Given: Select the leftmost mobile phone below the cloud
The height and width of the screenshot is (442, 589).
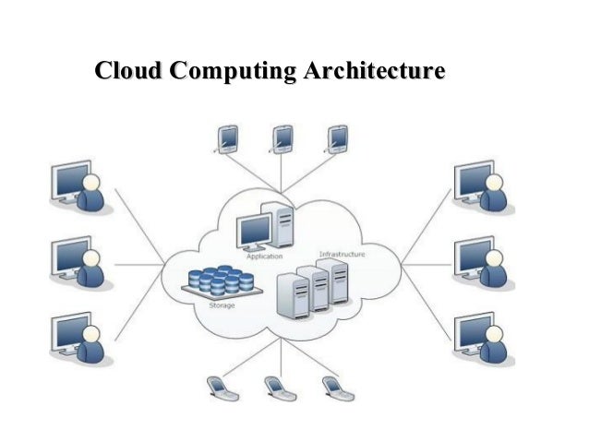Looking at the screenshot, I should (221, 388).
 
